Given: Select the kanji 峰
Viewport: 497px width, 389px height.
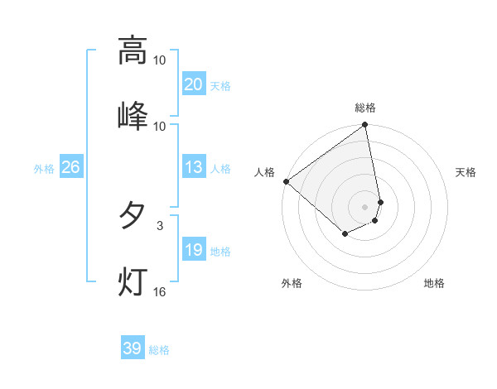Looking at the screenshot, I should tap(133, 116).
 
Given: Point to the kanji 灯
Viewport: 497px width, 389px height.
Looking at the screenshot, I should tap(133, 281).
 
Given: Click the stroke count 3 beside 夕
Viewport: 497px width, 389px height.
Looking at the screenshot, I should tap(159, 225).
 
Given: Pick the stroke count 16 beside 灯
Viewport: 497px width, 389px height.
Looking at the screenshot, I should tap(159, 291).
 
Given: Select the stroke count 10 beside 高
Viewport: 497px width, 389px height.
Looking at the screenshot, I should tap(159, 60).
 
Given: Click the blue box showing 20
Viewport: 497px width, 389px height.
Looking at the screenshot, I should tap(193, 84).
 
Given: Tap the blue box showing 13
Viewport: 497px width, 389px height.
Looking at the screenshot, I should tap(193, 168).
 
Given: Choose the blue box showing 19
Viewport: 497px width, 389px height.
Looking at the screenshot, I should tap(193, 250).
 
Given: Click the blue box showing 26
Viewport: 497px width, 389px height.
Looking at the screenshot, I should tap(70, 168).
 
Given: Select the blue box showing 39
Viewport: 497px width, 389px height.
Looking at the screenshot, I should tap(133, 349).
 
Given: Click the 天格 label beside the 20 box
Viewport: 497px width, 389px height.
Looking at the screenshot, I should tap(220, 85).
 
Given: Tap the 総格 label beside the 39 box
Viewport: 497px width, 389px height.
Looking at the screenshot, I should tap(159, 350).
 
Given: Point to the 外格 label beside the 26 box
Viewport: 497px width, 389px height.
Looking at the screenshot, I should tap(44, 169).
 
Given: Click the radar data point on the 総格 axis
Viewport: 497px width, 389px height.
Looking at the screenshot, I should tap(364, 126).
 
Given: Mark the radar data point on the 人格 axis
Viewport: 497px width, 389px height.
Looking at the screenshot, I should tap(286, 181).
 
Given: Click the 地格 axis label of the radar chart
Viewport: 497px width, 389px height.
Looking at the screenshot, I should tap(434, 283).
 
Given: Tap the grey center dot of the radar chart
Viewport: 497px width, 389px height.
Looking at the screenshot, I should tap(364, 206).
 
